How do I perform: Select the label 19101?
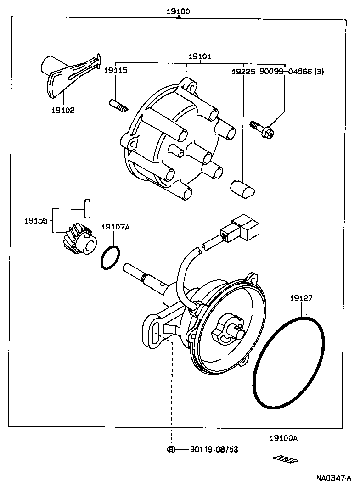200,57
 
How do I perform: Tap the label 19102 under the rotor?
63,110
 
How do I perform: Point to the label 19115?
115,71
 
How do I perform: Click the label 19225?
243,72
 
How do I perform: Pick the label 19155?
36,221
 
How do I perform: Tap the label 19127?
301,298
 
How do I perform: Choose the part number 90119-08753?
214,449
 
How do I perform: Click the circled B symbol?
171,449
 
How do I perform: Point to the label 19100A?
284,438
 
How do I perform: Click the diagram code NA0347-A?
333,478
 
